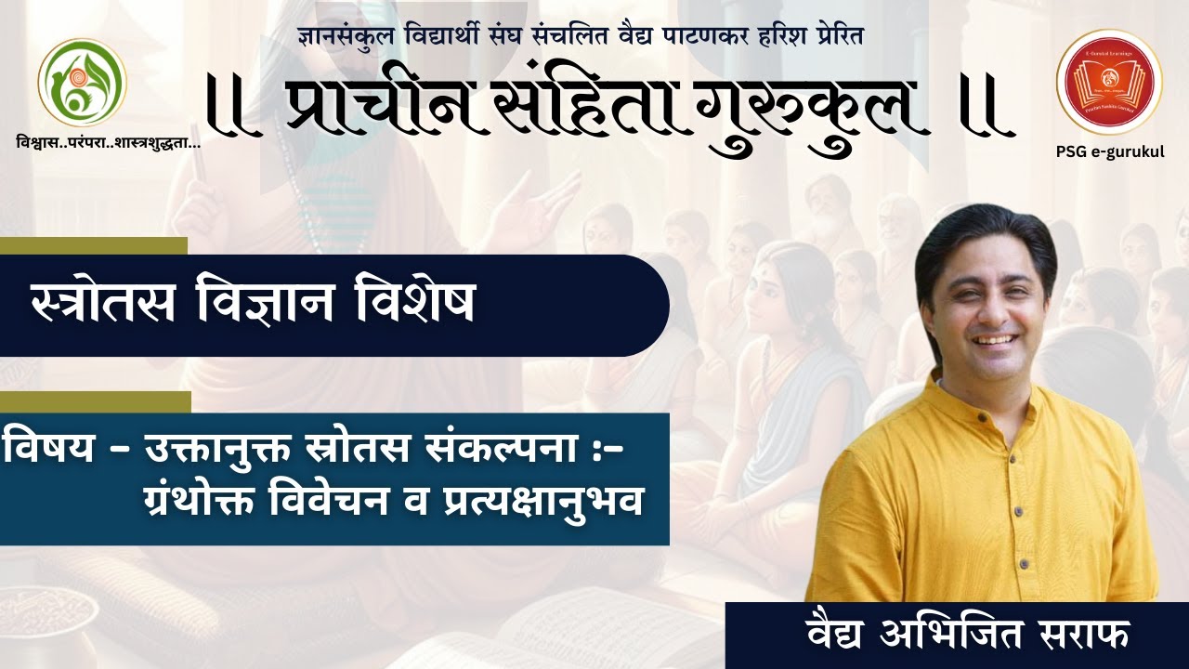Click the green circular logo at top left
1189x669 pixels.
point(82,83)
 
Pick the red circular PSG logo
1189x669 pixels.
point(1108,82)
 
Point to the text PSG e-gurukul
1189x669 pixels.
point(1109,151)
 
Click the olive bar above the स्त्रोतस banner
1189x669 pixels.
point(93,245)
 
